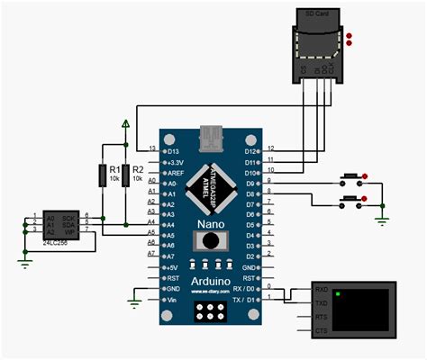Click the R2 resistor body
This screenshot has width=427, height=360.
click(125, 175)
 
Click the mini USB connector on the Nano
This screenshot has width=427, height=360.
click(212, 137)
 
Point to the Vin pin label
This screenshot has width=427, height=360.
click(173, 300)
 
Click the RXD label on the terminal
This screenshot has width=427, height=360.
click(321, 290)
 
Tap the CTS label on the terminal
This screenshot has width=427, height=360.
click(321, 332)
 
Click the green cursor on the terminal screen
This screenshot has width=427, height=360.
click(338, 293)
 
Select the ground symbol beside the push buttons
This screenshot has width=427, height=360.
click(382, 217)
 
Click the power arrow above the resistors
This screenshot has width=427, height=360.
click(126, 122)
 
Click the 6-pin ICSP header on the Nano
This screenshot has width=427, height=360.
click(212, 311)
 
